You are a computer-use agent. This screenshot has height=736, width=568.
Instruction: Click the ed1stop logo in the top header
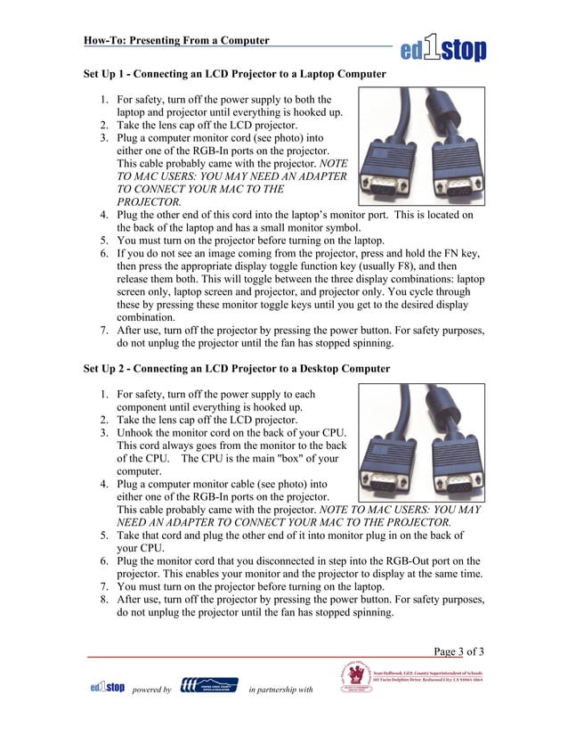pyautogui.click(x=442, y=45)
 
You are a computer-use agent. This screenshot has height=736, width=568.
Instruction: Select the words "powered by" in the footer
pyautogui.click(x=151, y=690)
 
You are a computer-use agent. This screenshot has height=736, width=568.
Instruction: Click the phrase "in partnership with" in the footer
pyautogui.click(x=281, y=690)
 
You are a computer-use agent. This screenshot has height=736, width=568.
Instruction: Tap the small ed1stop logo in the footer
pyautogui.click(x=107, y=686)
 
